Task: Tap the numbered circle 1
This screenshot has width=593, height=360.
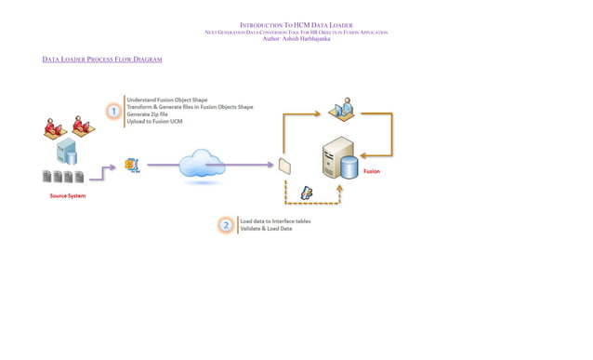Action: [x=113, y=112]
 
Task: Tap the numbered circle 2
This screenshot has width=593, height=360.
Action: [x=225, y=225]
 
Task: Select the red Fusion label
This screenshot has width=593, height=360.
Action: [x=371, y=171]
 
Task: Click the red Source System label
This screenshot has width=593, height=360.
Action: [x=68, y=196]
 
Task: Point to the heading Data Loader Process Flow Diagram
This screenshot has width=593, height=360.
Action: [x=102, y=60]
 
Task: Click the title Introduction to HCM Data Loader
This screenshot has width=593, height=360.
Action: [x=296, y=25]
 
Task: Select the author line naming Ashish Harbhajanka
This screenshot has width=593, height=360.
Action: [x=296, y=39]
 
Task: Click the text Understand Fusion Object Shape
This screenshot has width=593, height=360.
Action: [x=167, y=100]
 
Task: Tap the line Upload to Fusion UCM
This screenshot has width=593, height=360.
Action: [x=154, y=122]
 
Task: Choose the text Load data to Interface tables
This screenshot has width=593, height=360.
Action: [x=275, y=221]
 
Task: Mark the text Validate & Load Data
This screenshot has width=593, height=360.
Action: [x=266, y=229]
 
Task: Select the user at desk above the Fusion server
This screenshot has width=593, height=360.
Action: [x=340, y=110]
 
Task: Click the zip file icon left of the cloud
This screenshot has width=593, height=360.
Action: [x=132, y=165]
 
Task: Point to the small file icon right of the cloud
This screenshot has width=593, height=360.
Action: [x=284, y=166]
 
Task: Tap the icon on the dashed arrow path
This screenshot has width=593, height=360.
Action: [x=306, y=193]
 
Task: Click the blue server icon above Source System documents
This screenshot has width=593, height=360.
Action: [x=66, y=152]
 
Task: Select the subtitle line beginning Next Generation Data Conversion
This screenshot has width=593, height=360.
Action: [x=296, y=33]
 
